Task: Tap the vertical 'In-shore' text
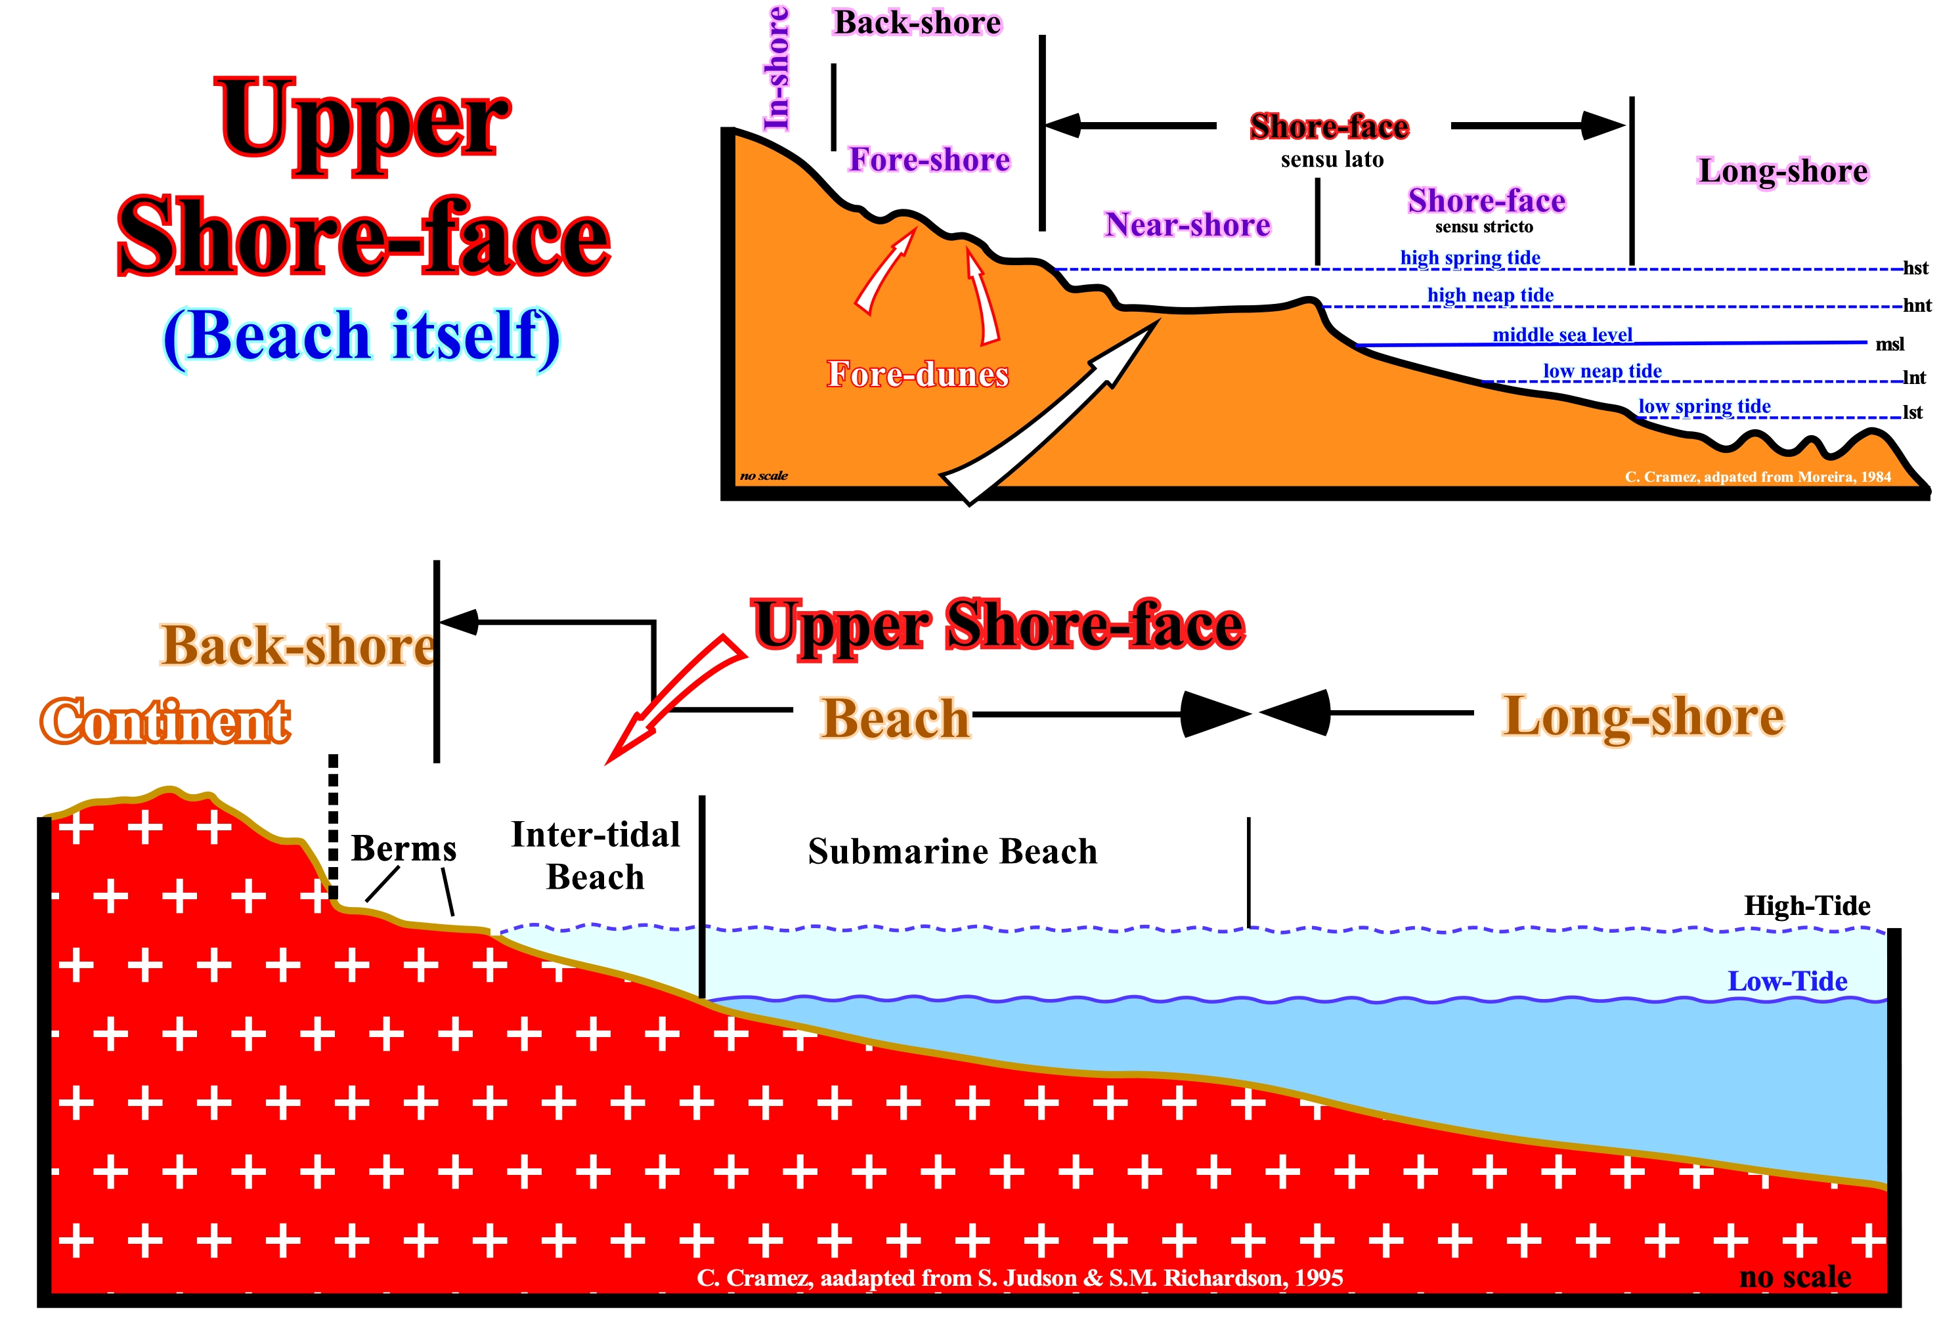point(777,68)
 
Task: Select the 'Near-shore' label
point(1187,224)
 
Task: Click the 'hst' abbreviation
point(1915,268)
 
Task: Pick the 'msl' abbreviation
point(1890,344)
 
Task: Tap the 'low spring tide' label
point(1705,406)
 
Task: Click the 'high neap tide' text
point(1490,295)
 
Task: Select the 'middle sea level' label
point(1562,335)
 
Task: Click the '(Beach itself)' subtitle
point(361,336)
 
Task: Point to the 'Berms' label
point(404,848)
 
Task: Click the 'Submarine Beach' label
point(952,852)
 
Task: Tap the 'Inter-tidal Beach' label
point(595,856)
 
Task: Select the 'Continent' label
point(165,721)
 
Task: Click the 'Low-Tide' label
point(1787,981)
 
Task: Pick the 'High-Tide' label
point(1807,905)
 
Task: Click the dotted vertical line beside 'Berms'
point(333,826)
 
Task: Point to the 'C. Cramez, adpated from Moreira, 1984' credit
point(1758,477)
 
